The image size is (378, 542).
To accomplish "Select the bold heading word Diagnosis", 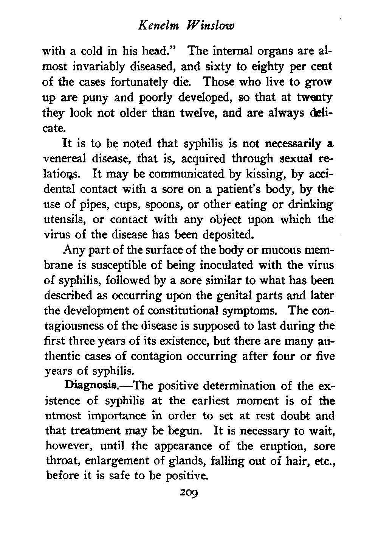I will coord(91,386).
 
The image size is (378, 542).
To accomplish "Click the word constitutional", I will coord(174,310).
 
